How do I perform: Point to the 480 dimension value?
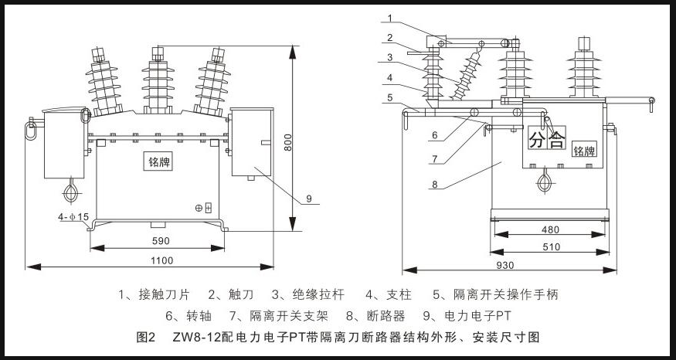549,229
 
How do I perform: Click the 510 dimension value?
549,246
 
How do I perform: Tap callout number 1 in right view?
392,17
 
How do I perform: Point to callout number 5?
390,97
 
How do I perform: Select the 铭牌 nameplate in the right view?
586,151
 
